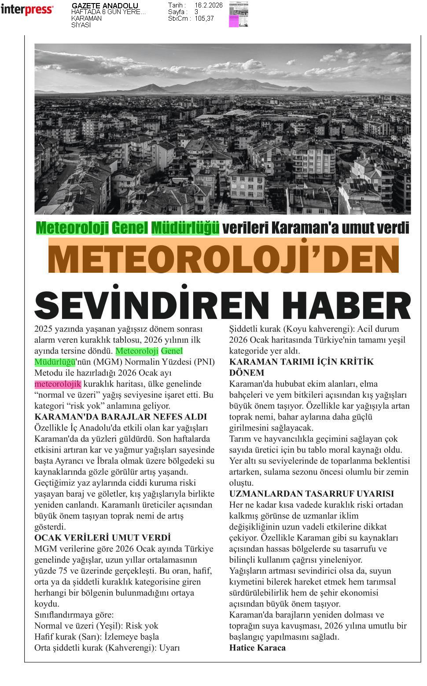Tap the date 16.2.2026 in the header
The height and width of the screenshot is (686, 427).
coord(208,5)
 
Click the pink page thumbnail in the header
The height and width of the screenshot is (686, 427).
coord(238,15)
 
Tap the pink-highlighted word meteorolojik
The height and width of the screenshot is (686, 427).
coord(58,384)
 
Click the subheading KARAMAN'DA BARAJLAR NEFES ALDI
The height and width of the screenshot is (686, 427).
coord(121,417)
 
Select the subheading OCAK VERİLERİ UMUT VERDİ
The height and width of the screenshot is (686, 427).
coord(102,538)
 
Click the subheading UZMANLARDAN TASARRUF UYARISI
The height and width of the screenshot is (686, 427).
coord(311,494)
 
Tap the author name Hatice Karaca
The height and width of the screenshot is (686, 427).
coord(257,648)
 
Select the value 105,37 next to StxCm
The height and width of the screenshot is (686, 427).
coord(204,18)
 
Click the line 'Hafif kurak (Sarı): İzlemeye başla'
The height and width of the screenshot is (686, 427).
coord(96,637)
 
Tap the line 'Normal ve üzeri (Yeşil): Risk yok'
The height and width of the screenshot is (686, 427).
coord(96,626)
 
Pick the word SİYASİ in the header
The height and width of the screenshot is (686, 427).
coord(81,25)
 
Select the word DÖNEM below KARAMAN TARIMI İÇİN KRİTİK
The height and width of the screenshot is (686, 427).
coord(247,373)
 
